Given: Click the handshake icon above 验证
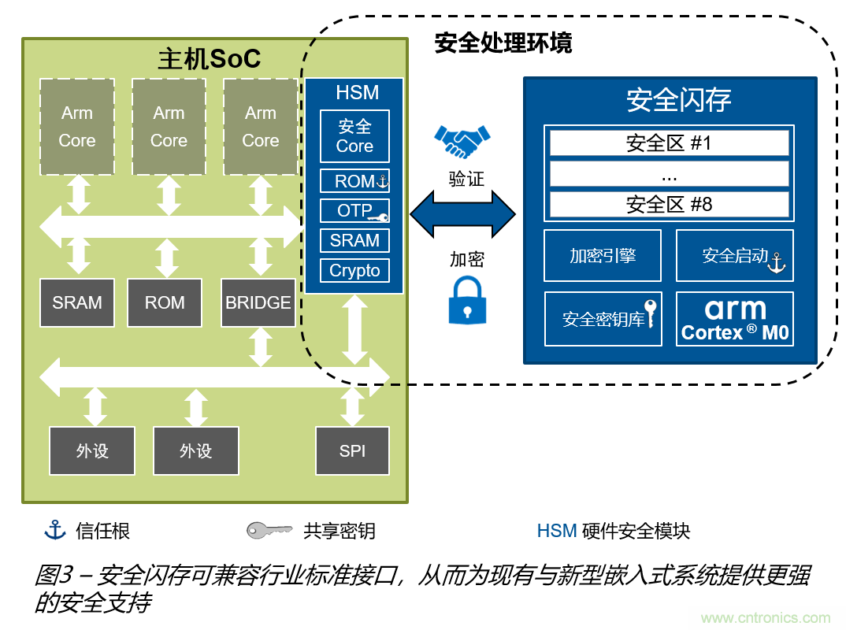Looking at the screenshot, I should coord(464,142).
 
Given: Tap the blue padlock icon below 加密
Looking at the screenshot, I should coord(467,300).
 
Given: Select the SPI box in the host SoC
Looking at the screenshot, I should coord(352,451).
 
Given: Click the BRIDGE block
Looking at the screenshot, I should coord(258,303).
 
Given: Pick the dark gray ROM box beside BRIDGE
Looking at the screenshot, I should coord(165,303).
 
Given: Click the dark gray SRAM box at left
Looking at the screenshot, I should coord(77,303).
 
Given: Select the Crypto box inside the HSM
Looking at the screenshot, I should coord(354,271).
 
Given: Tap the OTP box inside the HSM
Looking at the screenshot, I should coord(354,211).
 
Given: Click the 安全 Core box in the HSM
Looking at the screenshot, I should coord(354,136).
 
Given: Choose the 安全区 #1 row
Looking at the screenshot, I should coord(669,143).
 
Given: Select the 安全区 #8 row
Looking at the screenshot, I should coord(669,205).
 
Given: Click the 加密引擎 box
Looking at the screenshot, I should coord(603,256).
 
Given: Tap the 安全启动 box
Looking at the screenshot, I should coord(734,256).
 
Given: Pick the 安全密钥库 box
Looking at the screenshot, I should coord(603,319).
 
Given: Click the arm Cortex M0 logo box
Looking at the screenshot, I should coord(734,319).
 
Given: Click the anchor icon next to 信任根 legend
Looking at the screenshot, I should coord(54,530).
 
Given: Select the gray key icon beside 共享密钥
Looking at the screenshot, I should coord(269,531).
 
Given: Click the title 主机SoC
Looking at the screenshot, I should coord(209,60).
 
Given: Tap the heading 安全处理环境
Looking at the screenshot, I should coord(503,43).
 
